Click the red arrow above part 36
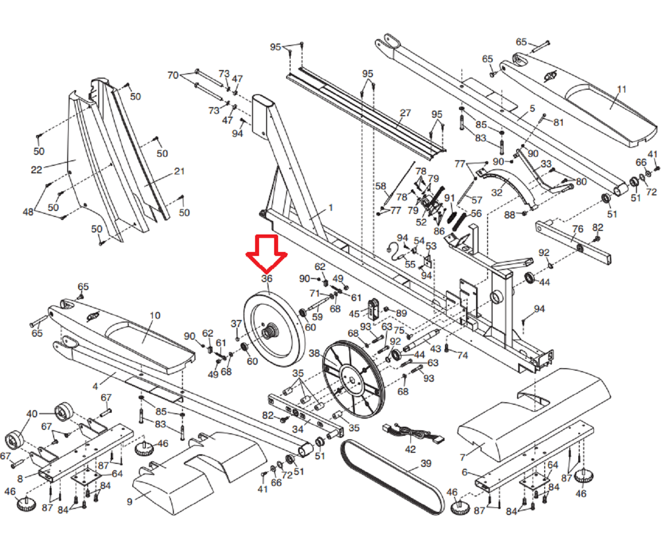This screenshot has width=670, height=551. [x=266, y=251]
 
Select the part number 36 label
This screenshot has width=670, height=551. [x=267, y=279]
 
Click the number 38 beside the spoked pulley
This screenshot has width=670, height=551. [x=314, y=354]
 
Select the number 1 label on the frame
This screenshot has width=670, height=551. [x=331, y=207]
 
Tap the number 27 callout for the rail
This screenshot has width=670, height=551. [x=405, y=113]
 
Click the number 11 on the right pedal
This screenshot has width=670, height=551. [x=621, y=90]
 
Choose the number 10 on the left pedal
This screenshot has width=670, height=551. [x=155, y=316]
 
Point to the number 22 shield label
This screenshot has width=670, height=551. [x=36, y=170]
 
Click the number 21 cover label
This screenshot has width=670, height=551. [x=179, y=171]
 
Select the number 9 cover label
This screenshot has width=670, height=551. [x=130, y=501]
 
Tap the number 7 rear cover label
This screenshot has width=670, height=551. [x=463, y=457]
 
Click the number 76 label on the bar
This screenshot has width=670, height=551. [x=578, y=229]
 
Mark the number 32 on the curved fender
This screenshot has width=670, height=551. [x=497, y=193]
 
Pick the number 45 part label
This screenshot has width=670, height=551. [x=354, y=314]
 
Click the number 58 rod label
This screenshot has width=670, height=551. [x=381, y=186]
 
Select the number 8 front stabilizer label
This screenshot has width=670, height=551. [x=20, y=478]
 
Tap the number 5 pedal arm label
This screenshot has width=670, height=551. [x=532, y=108]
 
